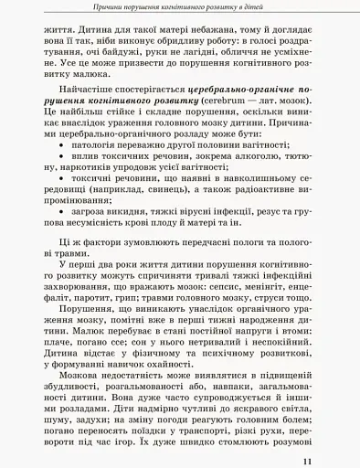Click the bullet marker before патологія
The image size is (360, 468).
pyautogui.click(x=61, y=170)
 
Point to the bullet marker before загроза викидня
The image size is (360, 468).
pyautogui.click(x=61, y=236)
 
